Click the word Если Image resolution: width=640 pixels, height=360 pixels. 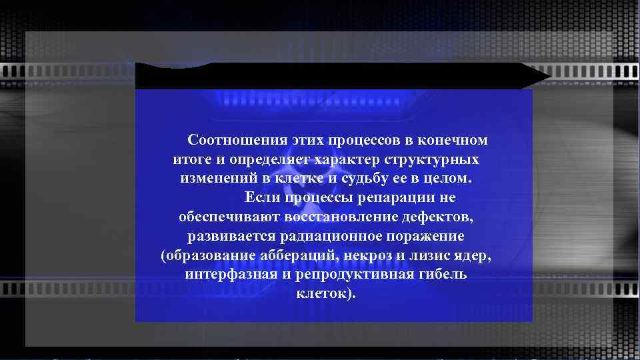(263, 198)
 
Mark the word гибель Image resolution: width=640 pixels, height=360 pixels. (443, 275)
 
